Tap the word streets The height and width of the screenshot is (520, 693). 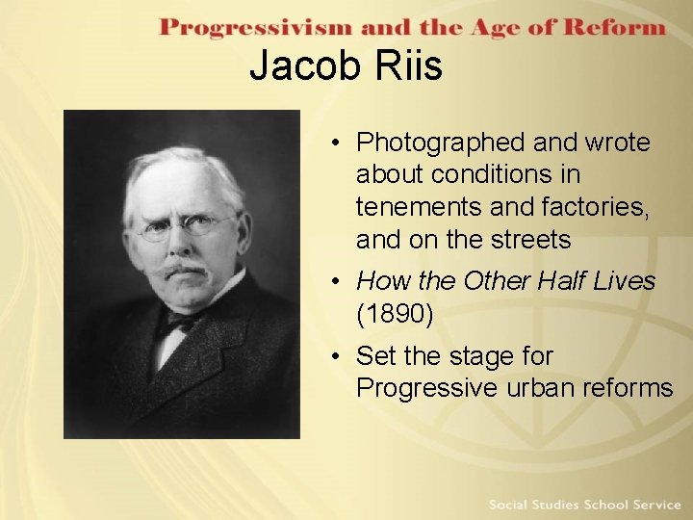tap(528, 238)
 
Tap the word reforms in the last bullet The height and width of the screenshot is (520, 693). tap(631, 388)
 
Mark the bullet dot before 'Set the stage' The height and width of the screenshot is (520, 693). tap(333, 356)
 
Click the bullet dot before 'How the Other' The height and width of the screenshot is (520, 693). tap(333, 281)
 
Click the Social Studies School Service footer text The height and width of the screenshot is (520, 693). tap(584, 505)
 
